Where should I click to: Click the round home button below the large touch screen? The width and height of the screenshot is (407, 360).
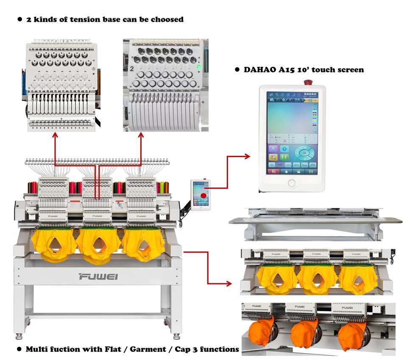292,183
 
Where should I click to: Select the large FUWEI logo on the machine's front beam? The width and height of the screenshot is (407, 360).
98,277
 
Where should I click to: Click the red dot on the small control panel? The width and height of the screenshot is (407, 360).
204,196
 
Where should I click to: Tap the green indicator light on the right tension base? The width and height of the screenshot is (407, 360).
198,67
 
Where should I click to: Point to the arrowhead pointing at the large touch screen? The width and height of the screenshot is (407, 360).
247,156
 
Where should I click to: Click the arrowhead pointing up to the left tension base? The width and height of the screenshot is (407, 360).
54,135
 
